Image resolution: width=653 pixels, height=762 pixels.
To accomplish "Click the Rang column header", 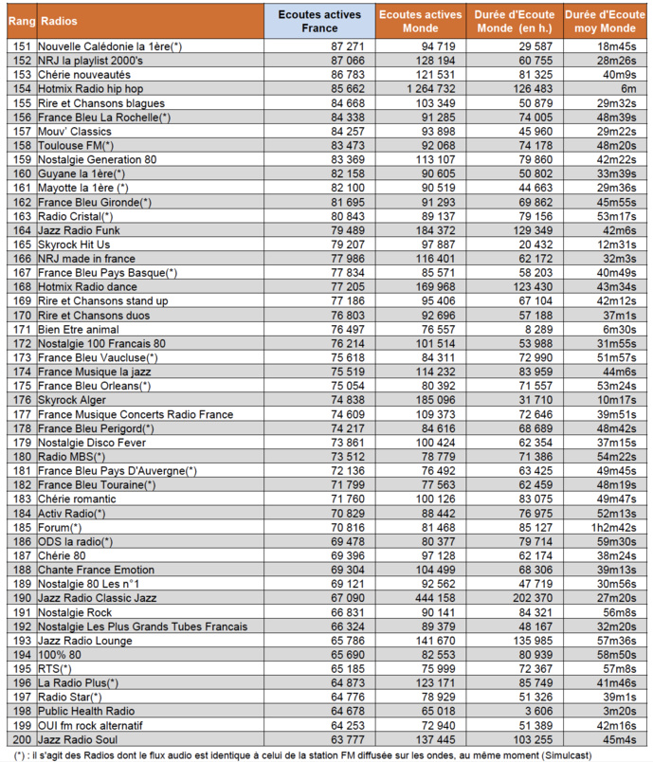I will (20, 21).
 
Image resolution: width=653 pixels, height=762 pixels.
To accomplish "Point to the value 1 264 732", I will (426, 88).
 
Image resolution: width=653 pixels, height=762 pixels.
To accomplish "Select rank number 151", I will (20, 45).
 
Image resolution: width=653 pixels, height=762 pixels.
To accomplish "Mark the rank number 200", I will (20, 739).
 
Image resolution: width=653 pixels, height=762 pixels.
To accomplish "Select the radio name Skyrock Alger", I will (73, 400).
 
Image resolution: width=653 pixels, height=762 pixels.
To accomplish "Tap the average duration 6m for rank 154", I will (627, 88).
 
